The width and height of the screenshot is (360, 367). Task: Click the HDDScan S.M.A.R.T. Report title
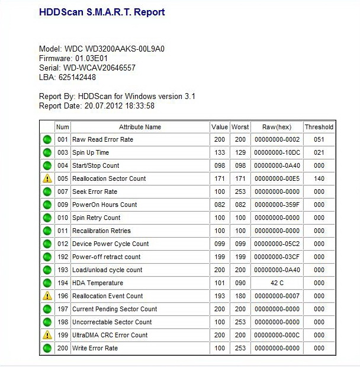click(x=101, y=12)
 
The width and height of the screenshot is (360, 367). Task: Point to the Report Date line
click(x=97, y=106)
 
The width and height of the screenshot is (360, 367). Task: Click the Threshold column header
click(x=319, y=127)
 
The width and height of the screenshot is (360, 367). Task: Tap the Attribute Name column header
click(x=140, y=127)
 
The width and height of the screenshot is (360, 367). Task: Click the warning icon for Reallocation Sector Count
click(x=47, y=178)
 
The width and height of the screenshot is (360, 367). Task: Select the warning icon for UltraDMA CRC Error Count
click(x=47, y=335)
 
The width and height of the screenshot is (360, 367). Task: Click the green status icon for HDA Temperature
click(x=47, y=283)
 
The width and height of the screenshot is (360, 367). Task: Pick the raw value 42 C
click(x=277, y=283)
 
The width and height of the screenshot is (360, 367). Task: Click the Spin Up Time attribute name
click(x=91, y=152)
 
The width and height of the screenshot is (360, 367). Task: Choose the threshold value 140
click(x=319, y=178)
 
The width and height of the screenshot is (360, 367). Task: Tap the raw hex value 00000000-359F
click(x=277, y=205)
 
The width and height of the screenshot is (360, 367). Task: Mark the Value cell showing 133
click(x=219, y=152)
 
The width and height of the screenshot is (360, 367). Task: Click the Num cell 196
click(x=63, y=296)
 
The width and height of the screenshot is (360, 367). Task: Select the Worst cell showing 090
click(x=240, y=283)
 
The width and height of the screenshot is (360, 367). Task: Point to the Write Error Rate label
click(x=95, y=348)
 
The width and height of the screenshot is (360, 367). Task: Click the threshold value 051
click(x=319, y=139)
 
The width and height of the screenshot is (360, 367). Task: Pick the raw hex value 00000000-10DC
click(x=277, y=152)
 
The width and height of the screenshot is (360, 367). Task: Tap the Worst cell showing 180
click(x=240, y=296)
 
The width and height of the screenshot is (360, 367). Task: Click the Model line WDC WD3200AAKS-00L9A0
click(x=101, y=49)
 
